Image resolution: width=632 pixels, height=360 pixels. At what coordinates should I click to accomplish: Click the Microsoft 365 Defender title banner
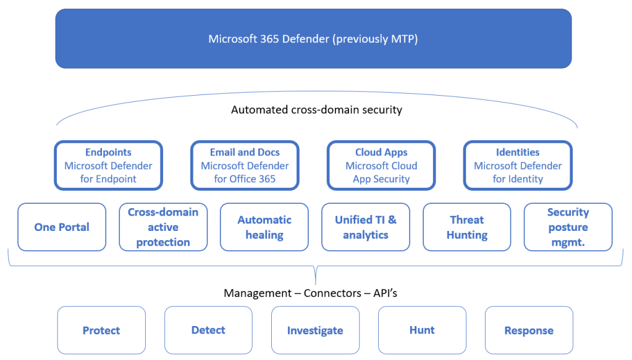click(313, 38)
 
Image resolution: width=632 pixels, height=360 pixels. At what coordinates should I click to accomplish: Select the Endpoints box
click(108, 165)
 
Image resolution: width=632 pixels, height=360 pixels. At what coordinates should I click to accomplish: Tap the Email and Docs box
click(245, 165)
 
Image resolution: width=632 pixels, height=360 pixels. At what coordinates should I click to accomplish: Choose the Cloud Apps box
click(381, 165)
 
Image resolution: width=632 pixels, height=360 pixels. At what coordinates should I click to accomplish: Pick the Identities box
click(518, 165)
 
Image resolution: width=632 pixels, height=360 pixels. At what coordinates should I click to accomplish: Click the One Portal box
click(62, 227)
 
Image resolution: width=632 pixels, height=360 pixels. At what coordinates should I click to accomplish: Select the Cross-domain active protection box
click(163, 227)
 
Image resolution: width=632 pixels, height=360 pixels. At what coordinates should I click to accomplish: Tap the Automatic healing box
click(264, 227)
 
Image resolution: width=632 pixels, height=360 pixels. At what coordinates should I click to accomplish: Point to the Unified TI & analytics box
click(366, 227)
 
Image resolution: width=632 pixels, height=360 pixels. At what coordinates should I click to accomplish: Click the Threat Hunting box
click(467, 227)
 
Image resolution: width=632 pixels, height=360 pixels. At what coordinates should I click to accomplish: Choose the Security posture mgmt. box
click(568, 227)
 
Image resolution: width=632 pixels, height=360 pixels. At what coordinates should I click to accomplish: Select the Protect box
click(101, 330)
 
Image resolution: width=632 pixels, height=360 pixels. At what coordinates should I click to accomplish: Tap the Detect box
click(208, 330)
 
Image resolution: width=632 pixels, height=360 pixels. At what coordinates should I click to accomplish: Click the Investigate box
click(315, 330)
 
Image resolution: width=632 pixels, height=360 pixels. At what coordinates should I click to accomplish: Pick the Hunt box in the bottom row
click(422, 330)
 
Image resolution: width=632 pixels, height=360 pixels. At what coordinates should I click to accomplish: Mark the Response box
click(529, 330)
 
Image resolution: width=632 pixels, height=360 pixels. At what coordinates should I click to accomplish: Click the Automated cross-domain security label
click(316, 110)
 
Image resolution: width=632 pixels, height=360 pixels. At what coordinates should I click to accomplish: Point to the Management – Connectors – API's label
click(310, 293)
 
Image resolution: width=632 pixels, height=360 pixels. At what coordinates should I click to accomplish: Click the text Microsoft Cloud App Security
click(381, 172)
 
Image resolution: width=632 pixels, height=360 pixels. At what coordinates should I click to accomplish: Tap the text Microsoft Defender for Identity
click(518, 172)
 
